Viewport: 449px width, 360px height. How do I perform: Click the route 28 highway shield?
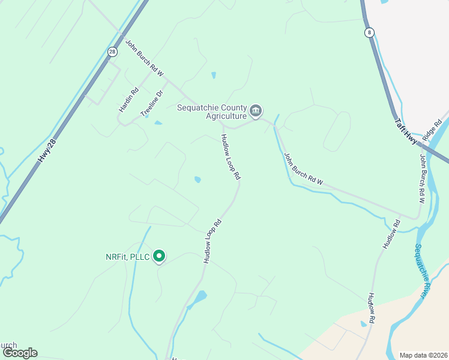112,52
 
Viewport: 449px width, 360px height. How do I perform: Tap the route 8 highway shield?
369,32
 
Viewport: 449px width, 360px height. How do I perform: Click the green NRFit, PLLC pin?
159,257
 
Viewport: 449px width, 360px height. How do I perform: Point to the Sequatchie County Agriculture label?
212,112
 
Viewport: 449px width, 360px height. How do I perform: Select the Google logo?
20,353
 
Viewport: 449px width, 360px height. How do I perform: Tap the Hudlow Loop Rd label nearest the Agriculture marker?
231,157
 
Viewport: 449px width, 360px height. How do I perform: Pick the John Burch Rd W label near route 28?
144,58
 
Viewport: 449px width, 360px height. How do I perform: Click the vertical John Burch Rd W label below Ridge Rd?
422,178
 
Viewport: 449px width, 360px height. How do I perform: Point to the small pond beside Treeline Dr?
158,123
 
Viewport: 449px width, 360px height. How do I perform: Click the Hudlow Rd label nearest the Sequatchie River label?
372,308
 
